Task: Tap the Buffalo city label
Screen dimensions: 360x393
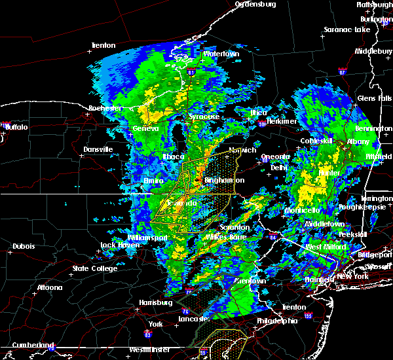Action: click(x=16, y=127)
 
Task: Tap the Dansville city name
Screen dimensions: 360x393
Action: click(x=98, y=149)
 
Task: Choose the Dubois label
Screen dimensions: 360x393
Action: click(x=24, y=247)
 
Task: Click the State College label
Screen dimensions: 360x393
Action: click(x=95, y=268)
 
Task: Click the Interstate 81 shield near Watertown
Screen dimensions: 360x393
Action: click(x=191, y=71)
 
